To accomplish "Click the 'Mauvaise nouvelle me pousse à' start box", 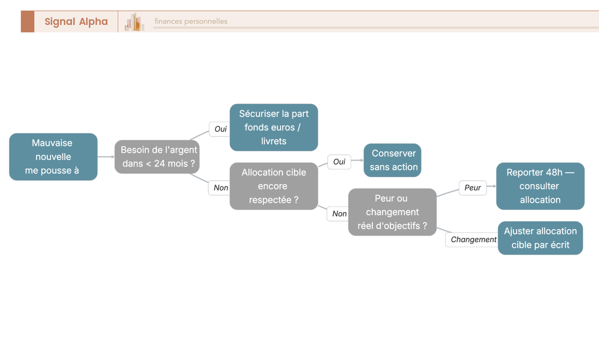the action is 53,157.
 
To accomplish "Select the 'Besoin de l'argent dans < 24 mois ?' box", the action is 157,157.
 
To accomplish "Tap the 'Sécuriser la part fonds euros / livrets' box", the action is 274,127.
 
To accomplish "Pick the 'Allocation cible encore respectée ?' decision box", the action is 274,186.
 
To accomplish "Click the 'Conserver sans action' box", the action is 392,160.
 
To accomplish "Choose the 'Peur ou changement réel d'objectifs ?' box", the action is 392,212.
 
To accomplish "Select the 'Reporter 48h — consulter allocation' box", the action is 540,186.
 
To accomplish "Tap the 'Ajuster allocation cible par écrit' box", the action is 540,238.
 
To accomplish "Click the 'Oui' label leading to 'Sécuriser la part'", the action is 220,129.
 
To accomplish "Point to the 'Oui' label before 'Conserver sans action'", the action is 339,162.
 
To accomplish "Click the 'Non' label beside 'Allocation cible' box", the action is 220,188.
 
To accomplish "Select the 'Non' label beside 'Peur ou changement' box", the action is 339,214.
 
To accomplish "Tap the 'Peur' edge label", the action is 473,188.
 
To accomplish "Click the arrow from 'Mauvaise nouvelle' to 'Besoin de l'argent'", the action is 106,157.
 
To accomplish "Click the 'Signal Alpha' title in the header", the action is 76,21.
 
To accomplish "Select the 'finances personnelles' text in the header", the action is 191,21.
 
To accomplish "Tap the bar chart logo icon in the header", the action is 134,22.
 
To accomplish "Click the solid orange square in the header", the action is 27,21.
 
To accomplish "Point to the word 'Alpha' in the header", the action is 93,21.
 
